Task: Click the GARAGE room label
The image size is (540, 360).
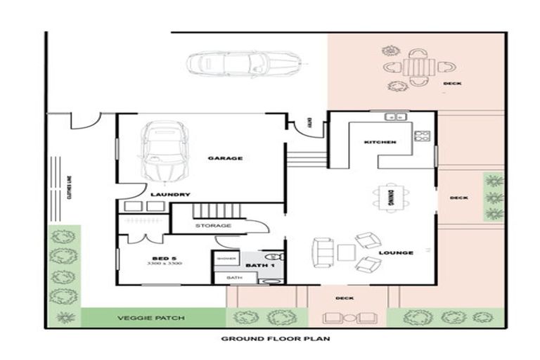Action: (x=225, y=158)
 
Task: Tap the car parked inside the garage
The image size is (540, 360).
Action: (x=163, y=150)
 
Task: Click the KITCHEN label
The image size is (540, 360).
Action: (x=380, y=142)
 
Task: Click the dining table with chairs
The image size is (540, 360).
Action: (x=390, y=197)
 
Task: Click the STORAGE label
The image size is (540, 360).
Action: (x=213, y=225)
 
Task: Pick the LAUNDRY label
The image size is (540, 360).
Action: (x=170, y=194)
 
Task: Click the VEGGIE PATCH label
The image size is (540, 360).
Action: (x=151, y=318)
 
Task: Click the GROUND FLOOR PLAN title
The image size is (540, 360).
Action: (x=276, y=338)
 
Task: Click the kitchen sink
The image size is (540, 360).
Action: (x=396, y=117)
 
